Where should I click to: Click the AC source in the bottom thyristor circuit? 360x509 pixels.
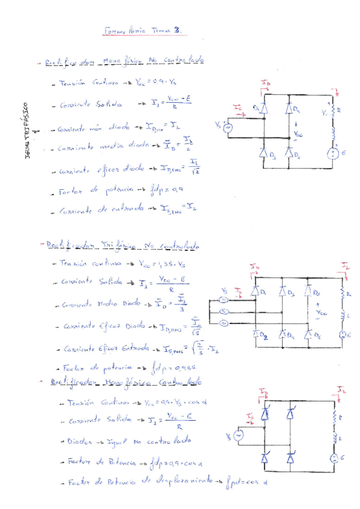(x=238, y=436)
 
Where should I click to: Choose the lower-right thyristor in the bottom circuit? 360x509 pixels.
(x=291, y=459)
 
